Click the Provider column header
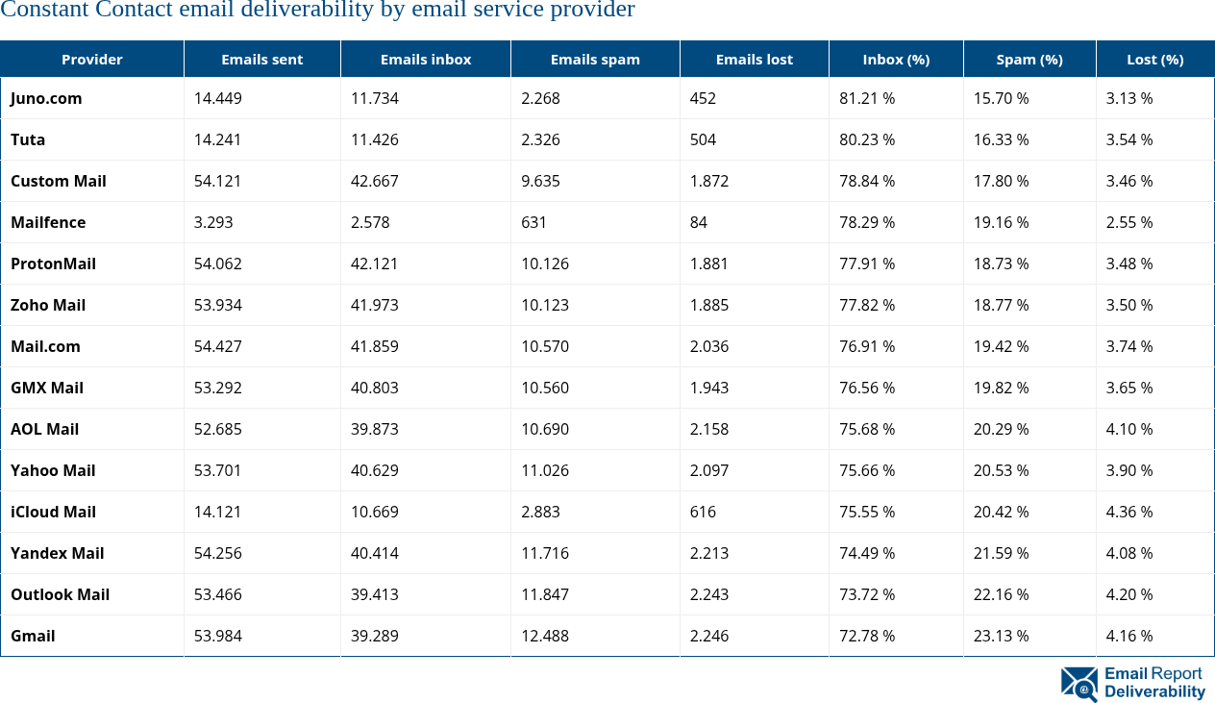click(92, 60)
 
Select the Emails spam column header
click(595, 60)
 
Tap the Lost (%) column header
click(1154, 60)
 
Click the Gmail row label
click(33, 636)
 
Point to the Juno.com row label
click(46, 98)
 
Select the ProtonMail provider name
click(53, 264)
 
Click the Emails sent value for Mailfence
click(213, 222)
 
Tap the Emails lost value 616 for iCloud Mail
click(703, 512)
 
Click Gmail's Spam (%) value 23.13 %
click(1001, 636)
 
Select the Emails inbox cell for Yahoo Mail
click(375, 470)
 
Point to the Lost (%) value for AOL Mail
click(1129, 429)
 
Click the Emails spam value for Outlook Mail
click(545, 594)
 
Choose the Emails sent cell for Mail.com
click(217, 346)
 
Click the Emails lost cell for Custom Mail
click(709, 181)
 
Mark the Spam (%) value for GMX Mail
click(1001, 388)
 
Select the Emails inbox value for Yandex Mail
click(375, 553)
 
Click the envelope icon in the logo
click(1079, 683)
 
